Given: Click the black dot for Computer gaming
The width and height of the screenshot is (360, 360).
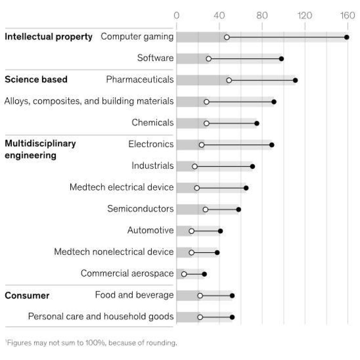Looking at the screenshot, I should coord(347,37).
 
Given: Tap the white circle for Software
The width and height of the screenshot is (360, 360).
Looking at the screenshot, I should coord(208,59).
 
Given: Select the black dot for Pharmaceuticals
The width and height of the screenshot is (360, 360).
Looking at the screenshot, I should coord(295,80).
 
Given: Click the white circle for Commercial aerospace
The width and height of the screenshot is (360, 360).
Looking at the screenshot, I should coord(184,274).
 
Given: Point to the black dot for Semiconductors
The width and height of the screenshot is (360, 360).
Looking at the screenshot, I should coord(238,210).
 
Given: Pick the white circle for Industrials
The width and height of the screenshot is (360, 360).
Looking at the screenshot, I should coord(195,166).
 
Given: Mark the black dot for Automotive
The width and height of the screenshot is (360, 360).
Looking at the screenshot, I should coord(220,231).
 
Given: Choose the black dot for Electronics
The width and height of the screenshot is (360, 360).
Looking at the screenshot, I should coord(272,145).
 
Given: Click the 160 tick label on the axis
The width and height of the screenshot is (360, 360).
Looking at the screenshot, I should coord(347,15).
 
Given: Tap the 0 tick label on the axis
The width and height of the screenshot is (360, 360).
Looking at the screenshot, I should coord(176,15).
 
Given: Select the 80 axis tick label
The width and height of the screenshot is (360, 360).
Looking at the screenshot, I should coord(262,15).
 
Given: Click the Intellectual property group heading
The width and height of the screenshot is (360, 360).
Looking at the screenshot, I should coord(48,37).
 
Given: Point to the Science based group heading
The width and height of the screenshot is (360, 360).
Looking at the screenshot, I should coord(36,79).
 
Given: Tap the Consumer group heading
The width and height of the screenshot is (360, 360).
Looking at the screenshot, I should coord(27,295).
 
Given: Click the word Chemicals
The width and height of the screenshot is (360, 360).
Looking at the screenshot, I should coord(152,122).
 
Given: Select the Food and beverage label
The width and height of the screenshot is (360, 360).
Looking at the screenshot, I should coord(134,295).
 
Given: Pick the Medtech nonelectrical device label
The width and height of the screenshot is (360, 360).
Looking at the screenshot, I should coord(114,252).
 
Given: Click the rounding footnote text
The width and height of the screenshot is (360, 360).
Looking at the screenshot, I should coord(91,343).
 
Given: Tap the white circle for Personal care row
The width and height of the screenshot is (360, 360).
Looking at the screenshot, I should coord(200,317).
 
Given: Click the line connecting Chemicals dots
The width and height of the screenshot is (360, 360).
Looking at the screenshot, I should coord(231,123).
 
